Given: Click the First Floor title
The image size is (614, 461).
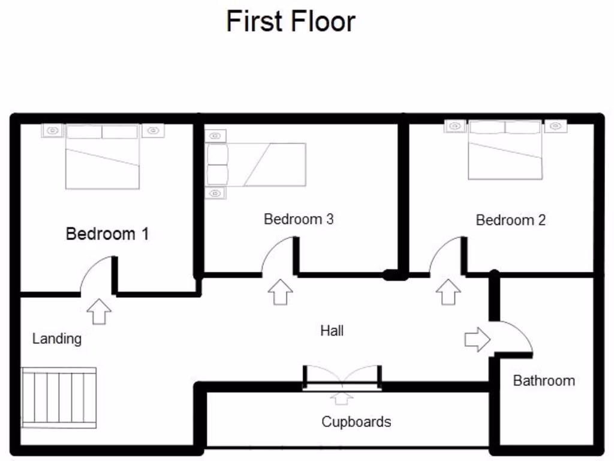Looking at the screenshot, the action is point(291,21).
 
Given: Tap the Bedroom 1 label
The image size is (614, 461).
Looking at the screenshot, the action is point(107,234).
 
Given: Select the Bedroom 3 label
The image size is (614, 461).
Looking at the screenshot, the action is point(299,219).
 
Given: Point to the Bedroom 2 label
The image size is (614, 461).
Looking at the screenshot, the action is point(511,220).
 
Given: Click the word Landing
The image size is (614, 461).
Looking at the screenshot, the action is point(57,339).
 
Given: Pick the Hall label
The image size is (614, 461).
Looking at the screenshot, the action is point(332,331).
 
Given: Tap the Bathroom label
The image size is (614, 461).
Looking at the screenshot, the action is point(544,381).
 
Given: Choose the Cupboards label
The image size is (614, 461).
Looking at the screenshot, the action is point(356,422).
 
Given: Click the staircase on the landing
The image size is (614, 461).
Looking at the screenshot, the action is point(59,397).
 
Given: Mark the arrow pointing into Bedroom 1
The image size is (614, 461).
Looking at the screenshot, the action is point(99,312).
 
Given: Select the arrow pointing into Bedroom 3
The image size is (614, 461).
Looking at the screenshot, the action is point(281,292).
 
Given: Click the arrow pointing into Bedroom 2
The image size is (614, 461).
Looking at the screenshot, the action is point(449,292).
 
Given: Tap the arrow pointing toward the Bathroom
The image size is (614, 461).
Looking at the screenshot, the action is point(477,340).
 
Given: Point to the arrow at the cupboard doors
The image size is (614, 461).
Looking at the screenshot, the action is point(341,399).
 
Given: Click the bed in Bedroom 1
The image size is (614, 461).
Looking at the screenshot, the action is point(103,157).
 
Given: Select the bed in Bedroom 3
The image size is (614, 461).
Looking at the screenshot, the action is point(256,164).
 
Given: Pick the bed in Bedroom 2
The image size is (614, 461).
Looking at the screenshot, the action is point(505,149).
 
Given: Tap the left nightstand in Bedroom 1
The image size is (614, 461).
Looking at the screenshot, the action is point(53,130).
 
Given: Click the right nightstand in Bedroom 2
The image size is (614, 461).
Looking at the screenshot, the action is point(555,126).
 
